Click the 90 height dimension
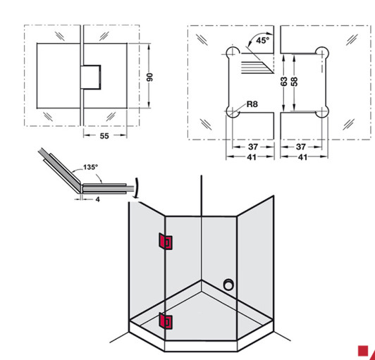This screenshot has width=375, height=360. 149,76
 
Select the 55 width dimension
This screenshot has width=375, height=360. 104,136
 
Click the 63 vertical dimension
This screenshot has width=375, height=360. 284,82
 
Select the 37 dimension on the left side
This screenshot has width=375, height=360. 252,147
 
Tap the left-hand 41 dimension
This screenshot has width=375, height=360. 252,158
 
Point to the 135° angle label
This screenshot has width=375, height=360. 90,168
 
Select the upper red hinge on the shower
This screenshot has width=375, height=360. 165,242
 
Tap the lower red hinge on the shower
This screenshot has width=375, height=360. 167,322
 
